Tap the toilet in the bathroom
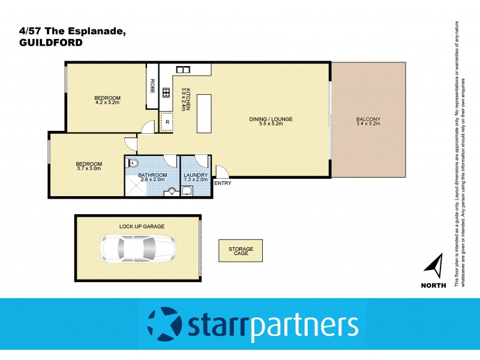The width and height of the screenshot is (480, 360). coord(133,163)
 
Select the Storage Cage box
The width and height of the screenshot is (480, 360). coord(241,251)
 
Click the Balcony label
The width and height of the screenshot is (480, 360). coord(368,119)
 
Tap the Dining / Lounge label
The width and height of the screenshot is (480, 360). coord(271,119)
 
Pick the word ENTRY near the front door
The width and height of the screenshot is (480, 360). coord(222,183)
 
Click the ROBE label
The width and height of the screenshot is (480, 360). coord(152,85)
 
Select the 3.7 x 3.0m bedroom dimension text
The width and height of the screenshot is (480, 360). coord(88,169)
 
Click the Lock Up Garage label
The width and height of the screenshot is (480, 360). coord(142,226)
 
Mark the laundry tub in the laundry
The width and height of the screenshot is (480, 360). coord(186,191)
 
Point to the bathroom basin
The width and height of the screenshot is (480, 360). coord(173,192)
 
